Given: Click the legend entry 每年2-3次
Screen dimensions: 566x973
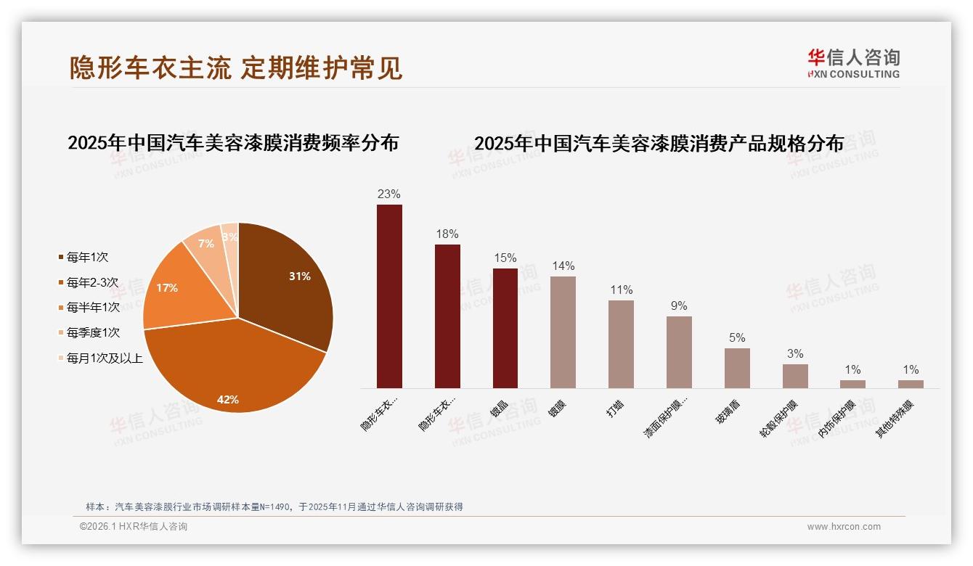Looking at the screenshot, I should click(92, 282).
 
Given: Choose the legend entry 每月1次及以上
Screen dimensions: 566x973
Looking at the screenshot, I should click(105, 358).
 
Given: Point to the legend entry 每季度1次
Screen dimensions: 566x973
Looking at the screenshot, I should click(93, 332).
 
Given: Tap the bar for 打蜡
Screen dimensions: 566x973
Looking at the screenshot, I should click(621, 344).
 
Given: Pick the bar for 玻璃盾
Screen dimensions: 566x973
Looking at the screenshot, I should click(737, 368).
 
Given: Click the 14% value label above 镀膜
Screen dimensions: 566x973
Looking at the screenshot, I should click(563, 266).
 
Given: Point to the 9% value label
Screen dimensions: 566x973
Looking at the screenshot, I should click(679, 305).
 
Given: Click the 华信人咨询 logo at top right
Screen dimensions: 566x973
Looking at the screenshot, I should click(853, 63).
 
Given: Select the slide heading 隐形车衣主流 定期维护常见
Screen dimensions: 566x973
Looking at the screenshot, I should click(235, 67).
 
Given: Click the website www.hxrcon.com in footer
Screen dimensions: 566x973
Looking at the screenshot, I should click(844, 527).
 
